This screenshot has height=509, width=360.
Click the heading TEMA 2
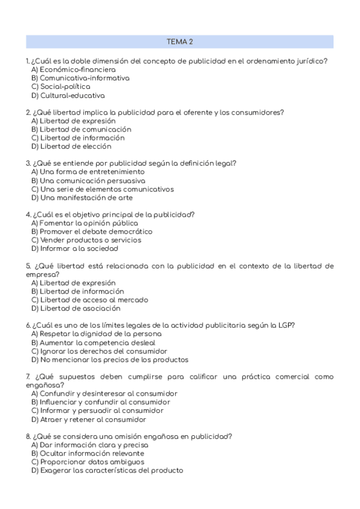pos(179,41)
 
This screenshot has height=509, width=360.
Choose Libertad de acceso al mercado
pos(89,300)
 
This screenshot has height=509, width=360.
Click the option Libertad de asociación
pos(76,309)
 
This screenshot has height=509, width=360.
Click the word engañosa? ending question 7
pos(45,385)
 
